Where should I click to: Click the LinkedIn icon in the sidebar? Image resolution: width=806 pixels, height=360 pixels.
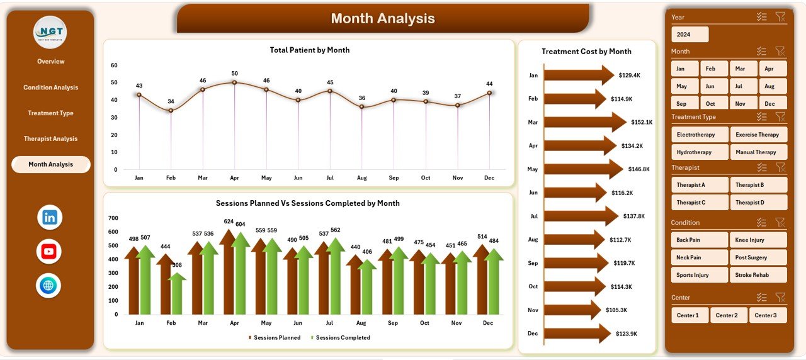pos(50,218)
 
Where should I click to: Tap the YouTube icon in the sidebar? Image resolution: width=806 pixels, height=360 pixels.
pos(49,252)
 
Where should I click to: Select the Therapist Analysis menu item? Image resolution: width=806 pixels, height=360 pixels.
pos(50,138)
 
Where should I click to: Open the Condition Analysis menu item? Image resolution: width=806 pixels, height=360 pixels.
pos(50,87)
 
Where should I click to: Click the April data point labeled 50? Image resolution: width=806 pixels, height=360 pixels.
pos(234,82)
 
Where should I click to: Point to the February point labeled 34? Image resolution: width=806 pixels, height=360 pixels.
pos(171,110)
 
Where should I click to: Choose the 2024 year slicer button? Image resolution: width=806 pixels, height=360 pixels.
pos(690,35)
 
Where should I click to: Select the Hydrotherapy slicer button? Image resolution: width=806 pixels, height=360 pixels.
pos(700,152)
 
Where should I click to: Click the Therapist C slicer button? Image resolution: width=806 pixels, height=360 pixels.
pos(700,202)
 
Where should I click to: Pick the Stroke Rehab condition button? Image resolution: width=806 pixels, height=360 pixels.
pos(758,275)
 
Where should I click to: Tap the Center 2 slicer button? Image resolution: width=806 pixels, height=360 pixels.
pos(729,315)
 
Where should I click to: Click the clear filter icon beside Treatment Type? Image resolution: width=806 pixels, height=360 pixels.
pos(780,116)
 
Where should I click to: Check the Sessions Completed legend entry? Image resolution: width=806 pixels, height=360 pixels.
pos(342,338)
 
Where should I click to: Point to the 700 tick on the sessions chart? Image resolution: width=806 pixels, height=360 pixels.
pos(113,218)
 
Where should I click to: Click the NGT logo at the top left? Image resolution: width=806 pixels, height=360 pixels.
pos(50,32)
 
